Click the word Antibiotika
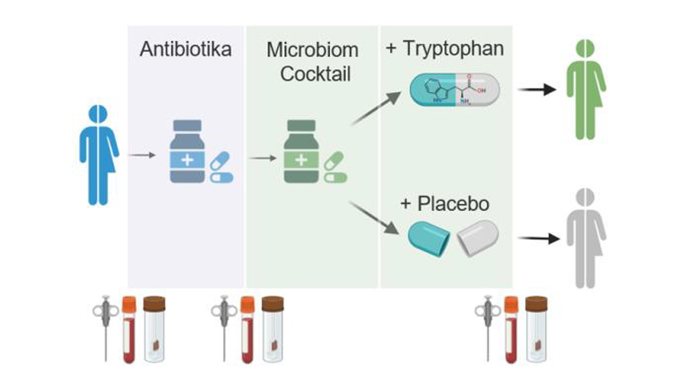(x=185, y=49)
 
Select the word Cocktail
(x=315, y=74)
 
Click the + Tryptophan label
(x=444, y=48)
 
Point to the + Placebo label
(x=445, y=204)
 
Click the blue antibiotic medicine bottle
(x=187, y=152)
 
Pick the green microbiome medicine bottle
(x=301, y=152)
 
